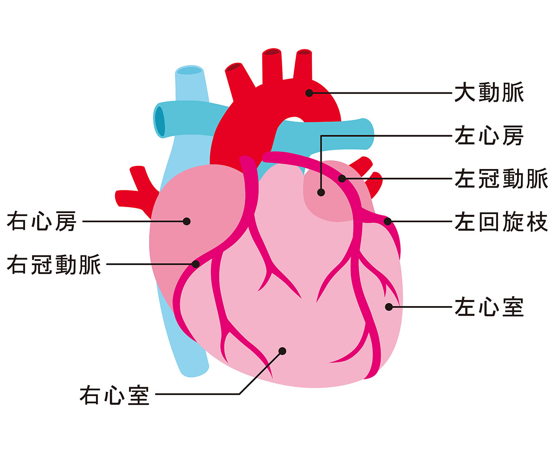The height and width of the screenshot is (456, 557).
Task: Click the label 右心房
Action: [41, 221]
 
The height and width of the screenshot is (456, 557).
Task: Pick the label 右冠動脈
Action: [54, 264]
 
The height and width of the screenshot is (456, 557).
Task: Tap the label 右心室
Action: [114, 395]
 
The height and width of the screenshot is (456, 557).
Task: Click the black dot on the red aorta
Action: [309, 93]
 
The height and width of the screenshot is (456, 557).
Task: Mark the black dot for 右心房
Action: [187, 221]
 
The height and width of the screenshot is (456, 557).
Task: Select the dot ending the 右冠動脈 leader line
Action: [196, 264]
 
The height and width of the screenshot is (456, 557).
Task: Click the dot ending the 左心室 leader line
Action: [389, 307]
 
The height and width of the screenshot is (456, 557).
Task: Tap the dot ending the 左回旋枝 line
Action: [388, 221]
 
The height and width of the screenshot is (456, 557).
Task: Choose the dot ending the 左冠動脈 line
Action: [342, 179]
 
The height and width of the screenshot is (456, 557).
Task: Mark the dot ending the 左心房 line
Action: [321, 191]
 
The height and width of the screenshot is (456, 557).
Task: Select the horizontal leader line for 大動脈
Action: [381, 93]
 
